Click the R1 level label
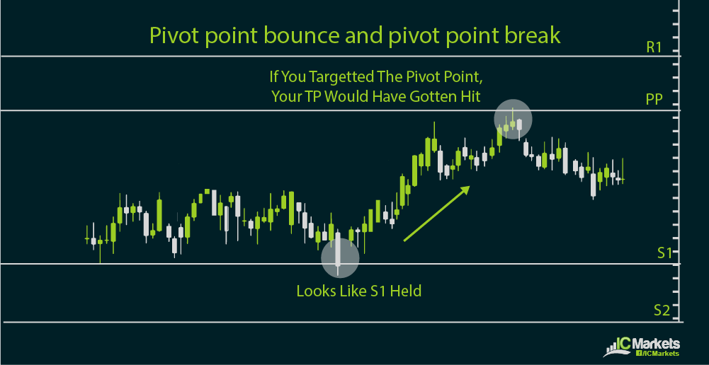click(x=654, y=47)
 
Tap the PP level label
click(x=654, y=99)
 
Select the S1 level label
click(x=664, y=253)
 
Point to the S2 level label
click(x=662, y=310)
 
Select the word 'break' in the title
click(x=534, y=35)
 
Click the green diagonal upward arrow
click(x=436, y=214)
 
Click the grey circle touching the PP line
click(x=513, y=119)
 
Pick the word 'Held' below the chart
click(x=406, y=291)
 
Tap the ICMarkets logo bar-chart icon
click(x=614, y=347)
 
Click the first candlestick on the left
click(x=87, y=240)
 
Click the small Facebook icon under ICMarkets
click(x=640, y=353)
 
